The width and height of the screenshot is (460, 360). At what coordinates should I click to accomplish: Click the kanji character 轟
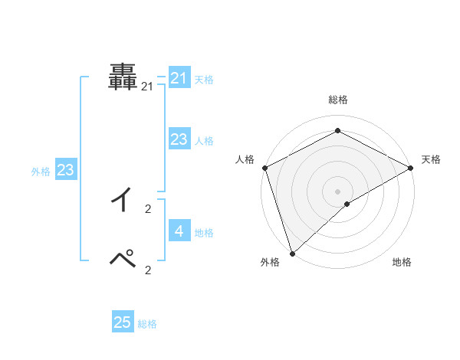[x=123, y=77]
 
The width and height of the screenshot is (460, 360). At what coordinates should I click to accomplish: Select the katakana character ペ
[x=123, y=259]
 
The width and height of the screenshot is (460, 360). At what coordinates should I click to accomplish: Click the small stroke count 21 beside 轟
[x=147, y=87]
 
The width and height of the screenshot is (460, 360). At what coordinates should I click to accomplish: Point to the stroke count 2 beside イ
[x=148, y=208]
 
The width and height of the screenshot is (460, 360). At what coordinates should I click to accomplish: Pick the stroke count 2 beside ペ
[x=148, y=269]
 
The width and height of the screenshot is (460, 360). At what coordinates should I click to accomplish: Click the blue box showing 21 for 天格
[x=179, y=78]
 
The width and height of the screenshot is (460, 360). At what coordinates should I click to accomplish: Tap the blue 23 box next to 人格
[x=179, y=139]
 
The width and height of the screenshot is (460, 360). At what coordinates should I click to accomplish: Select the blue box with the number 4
[x=179, y=231]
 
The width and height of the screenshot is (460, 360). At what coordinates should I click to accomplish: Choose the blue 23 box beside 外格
[x=65, y=170]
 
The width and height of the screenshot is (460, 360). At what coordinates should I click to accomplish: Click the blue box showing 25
[x=123, y=322]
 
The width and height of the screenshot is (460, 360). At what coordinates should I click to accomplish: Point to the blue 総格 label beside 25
[x=147, y=324]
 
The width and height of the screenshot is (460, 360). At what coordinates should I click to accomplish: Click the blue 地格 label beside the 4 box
[x=204, y=232]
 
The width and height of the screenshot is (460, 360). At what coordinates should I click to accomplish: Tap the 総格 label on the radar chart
[x=337, y=100]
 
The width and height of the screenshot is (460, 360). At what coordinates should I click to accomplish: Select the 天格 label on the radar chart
[x=431, y=159]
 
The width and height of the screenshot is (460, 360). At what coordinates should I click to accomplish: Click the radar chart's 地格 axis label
[x=402, y=262]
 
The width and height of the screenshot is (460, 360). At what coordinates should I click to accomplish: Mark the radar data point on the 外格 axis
[x=292, y=253]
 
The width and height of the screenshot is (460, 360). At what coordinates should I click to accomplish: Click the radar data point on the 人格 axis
[x=264, y=168]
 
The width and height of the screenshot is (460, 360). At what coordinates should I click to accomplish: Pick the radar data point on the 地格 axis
[x=347, y=204]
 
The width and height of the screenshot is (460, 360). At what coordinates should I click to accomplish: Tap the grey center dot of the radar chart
[x=337, y=191]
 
